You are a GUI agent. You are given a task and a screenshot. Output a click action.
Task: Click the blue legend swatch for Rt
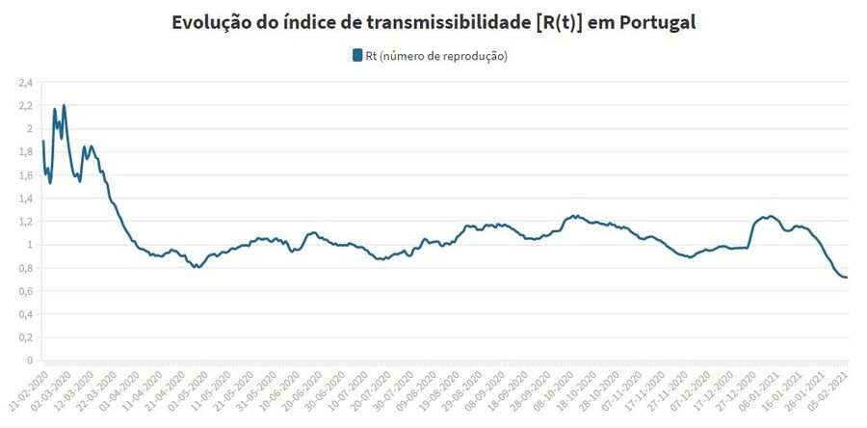coord(357,56)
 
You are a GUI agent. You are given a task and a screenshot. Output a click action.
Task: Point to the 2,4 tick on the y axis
coord(25,82)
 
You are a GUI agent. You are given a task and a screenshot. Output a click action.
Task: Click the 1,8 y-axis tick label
coord(25,151)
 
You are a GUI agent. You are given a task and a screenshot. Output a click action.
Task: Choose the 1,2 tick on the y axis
coord(25,221)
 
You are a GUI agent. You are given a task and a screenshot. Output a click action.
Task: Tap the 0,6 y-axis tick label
coord(25,290)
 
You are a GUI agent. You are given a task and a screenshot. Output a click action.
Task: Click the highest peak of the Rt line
coord(64,106)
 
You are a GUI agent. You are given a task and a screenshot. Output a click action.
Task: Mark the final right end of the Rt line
coord(847,278)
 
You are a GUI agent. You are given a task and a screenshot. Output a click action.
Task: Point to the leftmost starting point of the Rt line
coord(43,142)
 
